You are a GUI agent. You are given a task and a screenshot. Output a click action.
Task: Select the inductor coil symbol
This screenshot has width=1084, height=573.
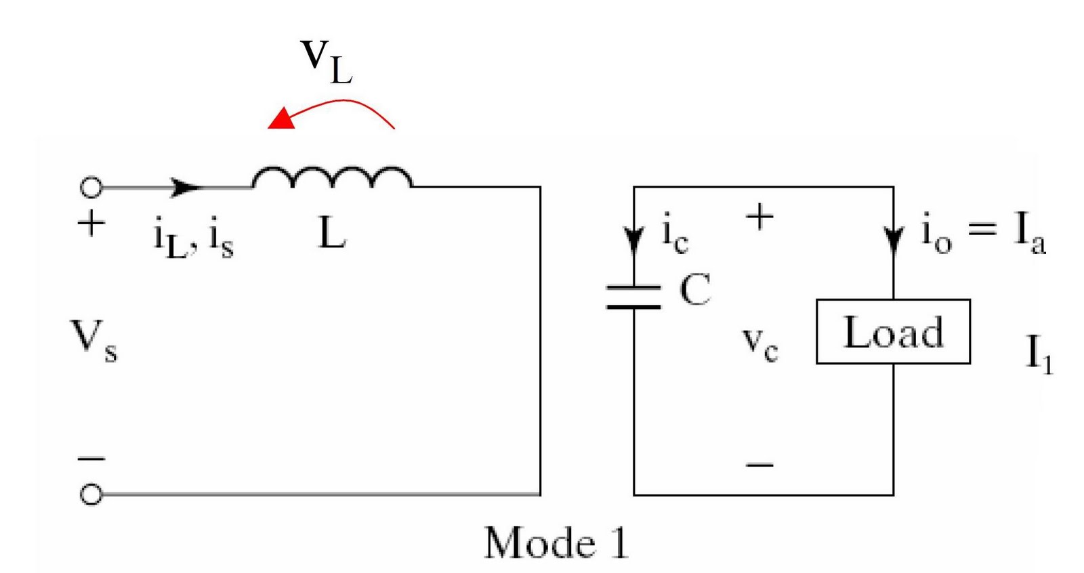point(332,177)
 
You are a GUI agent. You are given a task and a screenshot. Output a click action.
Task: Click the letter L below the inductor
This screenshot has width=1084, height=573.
point(332,234)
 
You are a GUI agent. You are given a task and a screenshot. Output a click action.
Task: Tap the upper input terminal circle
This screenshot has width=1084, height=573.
point(91,187)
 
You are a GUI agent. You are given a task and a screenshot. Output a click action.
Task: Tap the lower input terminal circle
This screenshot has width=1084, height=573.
point(91,494)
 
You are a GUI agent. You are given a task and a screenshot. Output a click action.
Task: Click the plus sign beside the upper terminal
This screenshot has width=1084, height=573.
point(91,223)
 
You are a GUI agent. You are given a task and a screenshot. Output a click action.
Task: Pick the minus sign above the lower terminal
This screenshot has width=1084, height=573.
point(91,459)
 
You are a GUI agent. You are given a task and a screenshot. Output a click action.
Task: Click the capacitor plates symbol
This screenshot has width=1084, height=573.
point(633,297)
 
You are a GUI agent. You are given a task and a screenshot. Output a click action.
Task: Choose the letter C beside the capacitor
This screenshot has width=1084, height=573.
point(695,290)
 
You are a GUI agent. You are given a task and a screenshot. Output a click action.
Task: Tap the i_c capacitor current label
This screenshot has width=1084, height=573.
point(675,234)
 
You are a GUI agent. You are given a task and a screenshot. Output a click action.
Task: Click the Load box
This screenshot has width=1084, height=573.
point(893,332)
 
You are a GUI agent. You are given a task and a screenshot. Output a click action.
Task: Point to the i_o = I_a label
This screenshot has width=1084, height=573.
point(982,232)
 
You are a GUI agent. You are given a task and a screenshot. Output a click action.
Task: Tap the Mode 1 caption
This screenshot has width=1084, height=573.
point(556,543)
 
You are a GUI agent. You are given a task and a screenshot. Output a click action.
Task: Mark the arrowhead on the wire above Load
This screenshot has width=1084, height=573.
point(894,240)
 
